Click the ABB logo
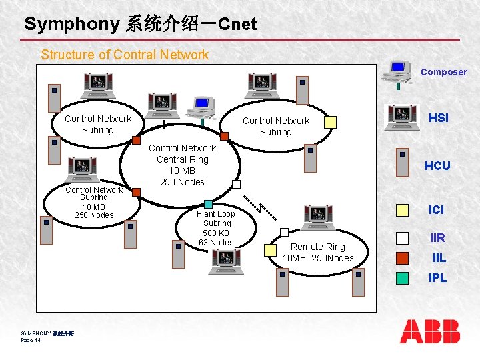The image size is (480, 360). pos(430,331)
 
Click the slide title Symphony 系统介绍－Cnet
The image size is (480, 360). pos(140,25)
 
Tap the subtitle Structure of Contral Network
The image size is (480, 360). pos(125,55)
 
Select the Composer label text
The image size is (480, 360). pos(443,72)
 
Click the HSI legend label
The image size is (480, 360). pos(438,118)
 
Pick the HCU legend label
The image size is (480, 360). pos(437,166)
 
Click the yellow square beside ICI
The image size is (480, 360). pos(402,210)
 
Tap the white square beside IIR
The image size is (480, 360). pos(402,237)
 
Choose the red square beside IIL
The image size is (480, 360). pos(402,257)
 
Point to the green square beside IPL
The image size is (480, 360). pos(402,277)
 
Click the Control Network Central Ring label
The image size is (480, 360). pos(182,165)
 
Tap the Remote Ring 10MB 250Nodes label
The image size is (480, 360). pos(318,252)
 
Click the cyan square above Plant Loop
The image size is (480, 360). pos(209,204)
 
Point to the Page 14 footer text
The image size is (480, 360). pos(31,340)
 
